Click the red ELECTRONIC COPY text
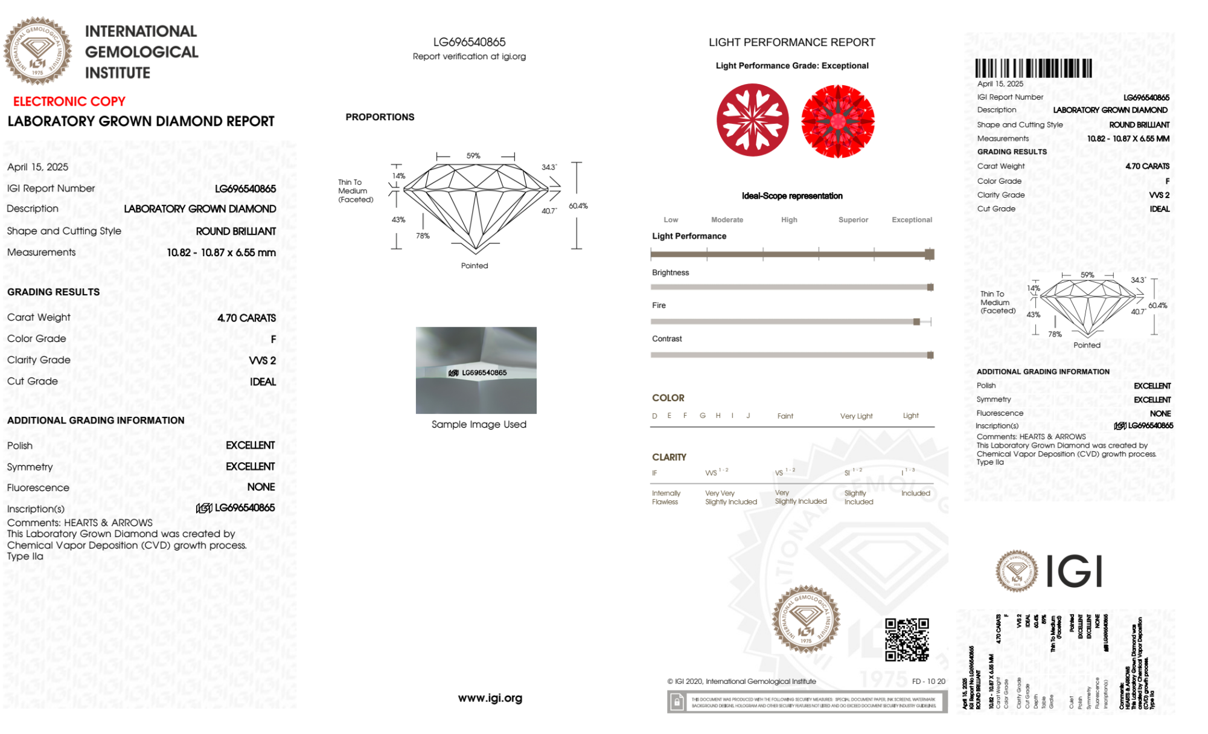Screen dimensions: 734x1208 coord(69,101)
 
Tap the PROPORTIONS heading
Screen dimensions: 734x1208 coord(380,117)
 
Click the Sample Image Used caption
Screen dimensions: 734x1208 coord(479,425)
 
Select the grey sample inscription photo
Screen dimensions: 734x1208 coord(476,370)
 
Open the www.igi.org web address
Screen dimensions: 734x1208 coord(490,698)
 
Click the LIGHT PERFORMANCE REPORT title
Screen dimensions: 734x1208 coord(791,42)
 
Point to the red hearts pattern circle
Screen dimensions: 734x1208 coord(752,120)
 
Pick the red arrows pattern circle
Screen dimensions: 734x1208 coord(837,121)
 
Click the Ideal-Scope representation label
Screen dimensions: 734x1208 coord(792,196)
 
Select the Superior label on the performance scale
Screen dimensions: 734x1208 coord(853,220)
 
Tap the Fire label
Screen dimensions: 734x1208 coord(659,306)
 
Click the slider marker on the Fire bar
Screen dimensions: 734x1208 coord(916,322)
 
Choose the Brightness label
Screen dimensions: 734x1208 coord(670,273)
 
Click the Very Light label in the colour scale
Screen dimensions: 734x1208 coord(856,416)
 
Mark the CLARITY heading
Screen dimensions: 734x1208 coord(669,457)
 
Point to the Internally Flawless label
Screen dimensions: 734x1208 coord(665,498)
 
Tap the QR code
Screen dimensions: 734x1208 coord(907,639)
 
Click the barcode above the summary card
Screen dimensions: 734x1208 coord(1033,68)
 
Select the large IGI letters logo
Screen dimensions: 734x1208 coord(1074,571)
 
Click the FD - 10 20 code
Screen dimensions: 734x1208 coord(928,681)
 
